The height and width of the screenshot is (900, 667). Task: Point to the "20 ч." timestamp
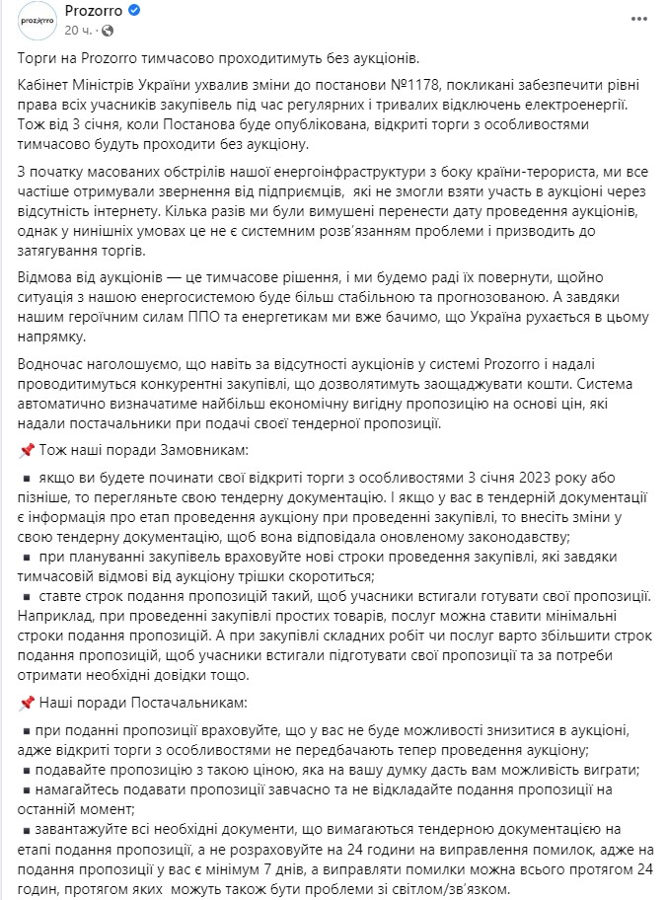click(x=79, y=31)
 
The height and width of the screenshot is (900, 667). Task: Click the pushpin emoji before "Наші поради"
click(x=27, y=703)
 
